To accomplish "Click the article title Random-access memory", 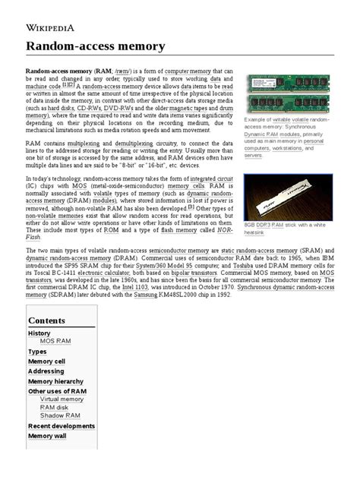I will point(95,46).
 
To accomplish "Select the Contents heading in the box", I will point(47,321).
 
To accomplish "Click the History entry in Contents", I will point(39,333).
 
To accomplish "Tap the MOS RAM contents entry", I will point(55,342).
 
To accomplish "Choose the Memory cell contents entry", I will point(46,362).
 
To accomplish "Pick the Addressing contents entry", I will point(46,371).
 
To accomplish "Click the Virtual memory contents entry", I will point(62,399).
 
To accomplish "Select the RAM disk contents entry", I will point(55,407).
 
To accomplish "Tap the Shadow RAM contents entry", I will point(60,415).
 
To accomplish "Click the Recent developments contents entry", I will point(62,426).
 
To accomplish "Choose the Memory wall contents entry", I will point(48,436).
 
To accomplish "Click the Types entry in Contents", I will point(37,352).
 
